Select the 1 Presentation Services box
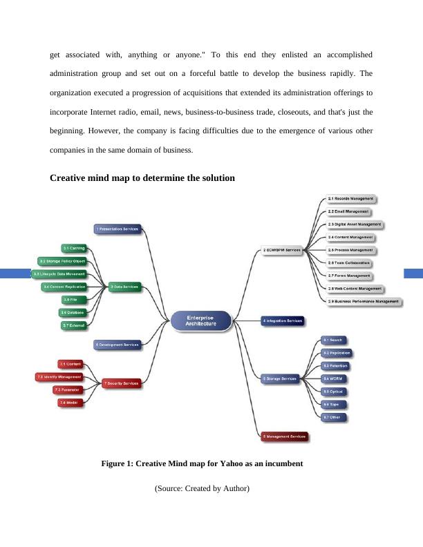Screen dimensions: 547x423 coord(117,228)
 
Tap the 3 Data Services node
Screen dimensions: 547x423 coord(124,287)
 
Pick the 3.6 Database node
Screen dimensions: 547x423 coord(73,312)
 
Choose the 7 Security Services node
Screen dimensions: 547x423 coord(121,383)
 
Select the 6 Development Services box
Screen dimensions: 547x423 coord(117,344)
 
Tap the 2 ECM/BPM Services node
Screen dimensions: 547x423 coord(281,251)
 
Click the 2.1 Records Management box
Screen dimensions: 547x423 coord(350,199)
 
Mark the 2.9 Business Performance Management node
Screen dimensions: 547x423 coord(363,301)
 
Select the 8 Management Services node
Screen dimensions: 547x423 coord(283,436)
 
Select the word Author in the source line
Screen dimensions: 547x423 coord(234,489)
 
